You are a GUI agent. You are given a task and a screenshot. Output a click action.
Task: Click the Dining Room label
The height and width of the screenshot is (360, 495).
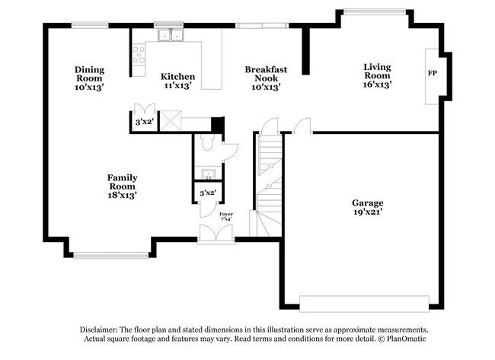[x=89, y=71]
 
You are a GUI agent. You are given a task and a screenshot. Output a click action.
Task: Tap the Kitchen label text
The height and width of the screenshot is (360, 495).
[x=177, y=77]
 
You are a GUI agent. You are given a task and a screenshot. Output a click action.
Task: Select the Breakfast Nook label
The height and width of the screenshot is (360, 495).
[x=266, y=71]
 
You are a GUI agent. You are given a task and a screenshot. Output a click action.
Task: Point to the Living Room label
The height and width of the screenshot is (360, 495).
[x=377, y=67]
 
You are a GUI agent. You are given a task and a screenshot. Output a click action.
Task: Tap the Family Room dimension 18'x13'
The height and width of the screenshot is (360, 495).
[x=122, y=195]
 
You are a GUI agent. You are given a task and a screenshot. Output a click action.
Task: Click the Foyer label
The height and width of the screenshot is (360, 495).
[x=225, y=215]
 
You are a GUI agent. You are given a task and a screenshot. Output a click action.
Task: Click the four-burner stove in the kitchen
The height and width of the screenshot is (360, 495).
[x=139, y=54]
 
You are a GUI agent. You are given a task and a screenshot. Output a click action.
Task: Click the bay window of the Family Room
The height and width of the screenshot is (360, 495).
[x=112, y=255]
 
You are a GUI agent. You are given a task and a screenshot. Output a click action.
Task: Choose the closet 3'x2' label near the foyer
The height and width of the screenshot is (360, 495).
[x=207, y=193]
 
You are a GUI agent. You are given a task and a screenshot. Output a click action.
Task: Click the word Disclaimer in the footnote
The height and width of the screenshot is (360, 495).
[x=104, y=329]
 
